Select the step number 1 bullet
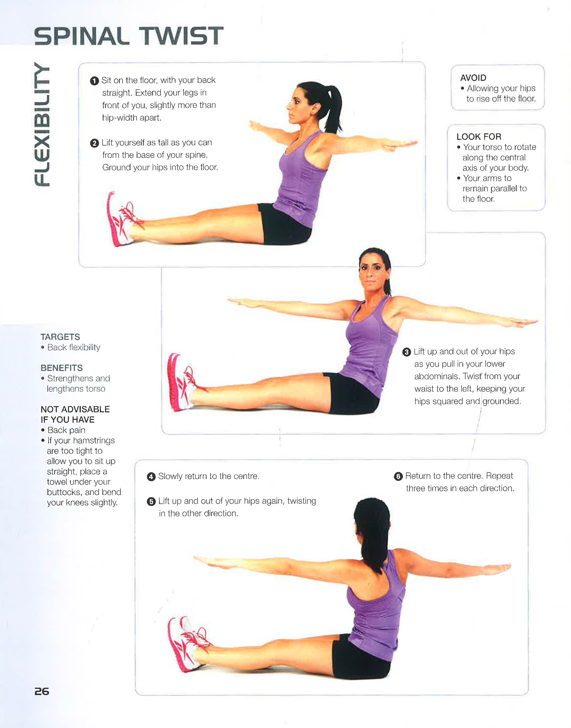tap(95, 81)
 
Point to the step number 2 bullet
tap(95, 143)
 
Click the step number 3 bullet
tap(406, 352)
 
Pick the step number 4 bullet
tap(151, 477)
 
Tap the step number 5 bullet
tap(151, 501)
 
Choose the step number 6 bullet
tap(398, 476)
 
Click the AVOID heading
tap(473, 78)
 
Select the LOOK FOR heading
tap(479, 137)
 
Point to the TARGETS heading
tap(60, 337)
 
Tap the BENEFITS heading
tap(62, 368)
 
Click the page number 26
tap(42, 691)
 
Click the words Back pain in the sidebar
tap(66, 430)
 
